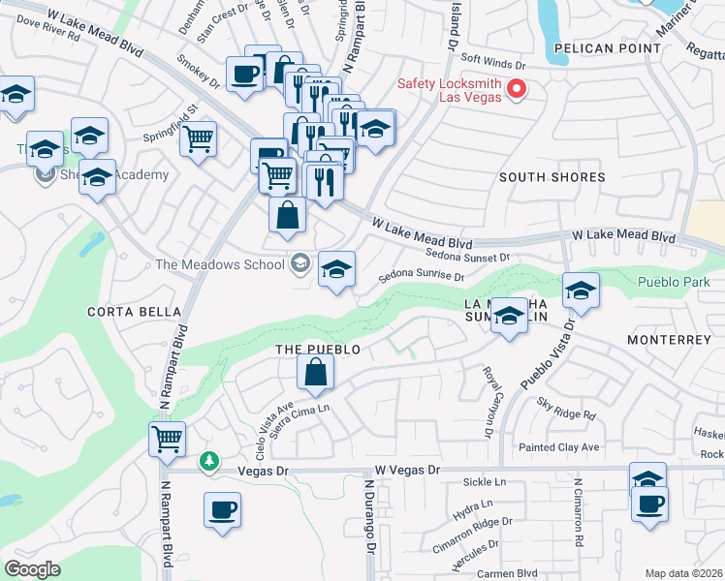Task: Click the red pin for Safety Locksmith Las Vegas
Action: click(x=517, y=90)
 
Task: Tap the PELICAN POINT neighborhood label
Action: click(x=594, y=47)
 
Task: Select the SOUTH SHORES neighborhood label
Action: click(x=552, y=177)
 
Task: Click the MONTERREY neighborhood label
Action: click(x=669, y=340)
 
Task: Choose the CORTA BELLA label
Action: click(x=134, y=311)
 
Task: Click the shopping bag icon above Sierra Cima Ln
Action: click(x=316, y=371)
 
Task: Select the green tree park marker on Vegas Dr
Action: click(x=207, y=462)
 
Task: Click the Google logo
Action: click(x=32, y=569)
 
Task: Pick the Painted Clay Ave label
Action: click(x=558, y=446)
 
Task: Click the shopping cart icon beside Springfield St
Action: click(x=198, y=138)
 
